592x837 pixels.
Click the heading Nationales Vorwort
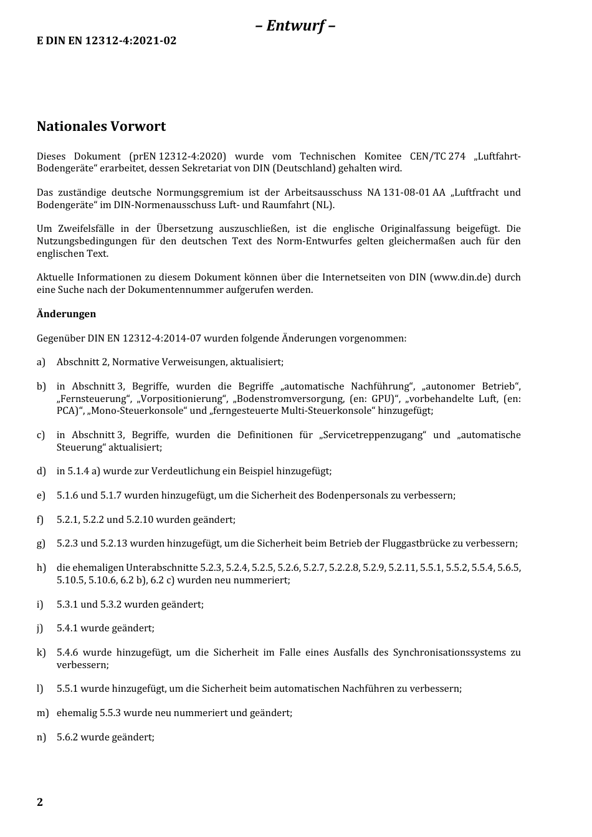[x=101, y=127]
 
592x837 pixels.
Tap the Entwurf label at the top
[x=295, y=26]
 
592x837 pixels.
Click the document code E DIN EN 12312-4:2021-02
[x=107, y=41]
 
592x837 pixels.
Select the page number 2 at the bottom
[x=40, y=802]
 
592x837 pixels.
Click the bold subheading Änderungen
[x=66, y=314]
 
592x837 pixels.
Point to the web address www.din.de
[x=460, y=277]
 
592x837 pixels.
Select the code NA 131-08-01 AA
[x=406, y=193]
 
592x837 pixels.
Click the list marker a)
[x=41, y=362]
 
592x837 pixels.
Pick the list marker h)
[x=41, y=568]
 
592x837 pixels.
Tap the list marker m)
[x=42, y=713]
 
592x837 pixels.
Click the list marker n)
[x=41, y=737]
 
